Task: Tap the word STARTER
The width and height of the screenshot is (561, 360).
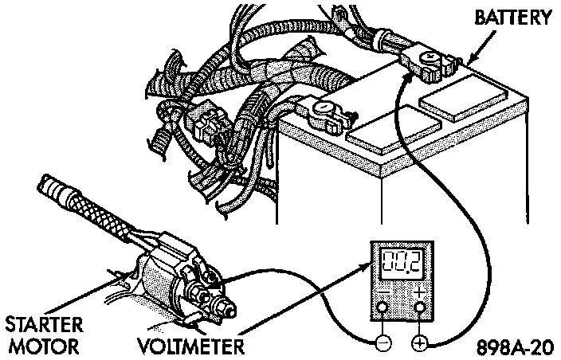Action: (45, 326)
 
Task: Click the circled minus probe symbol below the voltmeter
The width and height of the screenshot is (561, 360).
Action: (382, 343)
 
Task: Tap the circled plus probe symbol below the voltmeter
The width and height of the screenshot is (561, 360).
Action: (419, 343)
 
